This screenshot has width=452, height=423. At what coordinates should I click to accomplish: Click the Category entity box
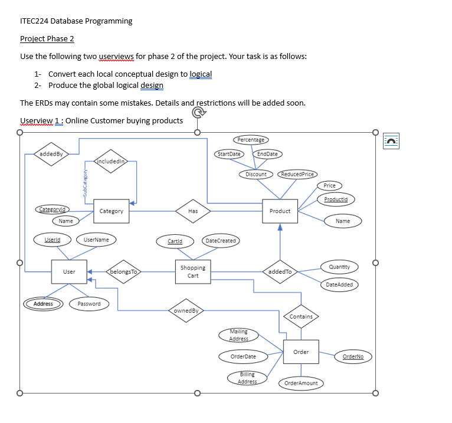112,211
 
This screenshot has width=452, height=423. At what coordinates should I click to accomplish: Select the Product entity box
280,211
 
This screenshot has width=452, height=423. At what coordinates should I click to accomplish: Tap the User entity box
69,272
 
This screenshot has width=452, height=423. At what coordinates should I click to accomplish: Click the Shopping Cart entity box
193,272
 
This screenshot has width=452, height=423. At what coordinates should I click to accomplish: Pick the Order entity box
301,352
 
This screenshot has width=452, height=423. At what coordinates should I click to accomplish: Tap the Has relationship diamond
193,211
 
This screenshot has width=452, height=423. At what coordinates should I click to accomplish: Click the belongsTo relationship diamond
124,272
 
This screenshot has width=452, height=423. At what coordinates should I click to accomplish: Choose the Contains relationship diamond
301,317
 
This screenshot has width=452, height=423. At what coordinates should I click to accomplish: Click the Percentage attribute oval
251,140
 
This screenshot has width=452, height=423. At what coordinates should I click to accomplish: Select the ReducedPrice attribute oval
298,174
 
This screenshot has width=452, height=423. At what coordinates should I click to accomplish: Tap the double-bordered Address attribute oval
43,304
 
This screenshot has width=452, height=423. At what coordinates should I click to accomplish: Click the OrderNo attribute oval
353,356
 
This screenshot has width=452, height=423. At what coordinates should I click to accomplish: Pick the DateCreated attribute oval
221,241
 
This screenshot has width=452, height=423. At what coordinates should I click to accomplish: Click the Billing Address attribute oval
247,378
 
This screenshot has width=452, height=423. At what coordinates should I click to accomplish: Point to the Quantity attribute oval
339,267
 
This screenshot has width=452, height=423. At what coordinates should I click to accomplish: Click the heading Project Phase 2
47,39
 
